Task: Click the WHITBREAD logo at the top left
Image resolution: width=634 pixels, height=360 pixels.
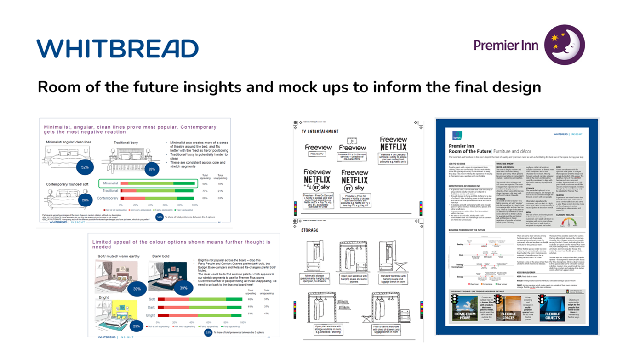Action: [x=117, y=49]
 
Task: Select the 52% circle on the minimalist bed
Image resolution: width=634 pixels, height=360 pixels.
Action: [x=85, y=167]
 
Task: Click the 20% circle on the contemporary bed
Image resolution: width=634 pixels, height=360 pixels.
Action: [x=85, y=200]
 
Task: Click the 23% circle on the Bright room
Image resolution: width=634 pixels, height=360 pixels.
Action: [x=136, y=326]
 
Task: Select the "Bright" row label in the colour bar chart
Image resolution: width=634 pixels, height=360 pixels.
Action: [x=150, y=315]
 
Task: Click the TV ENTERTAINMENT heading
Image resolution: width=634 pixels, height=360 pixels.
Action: [x=320, y=131]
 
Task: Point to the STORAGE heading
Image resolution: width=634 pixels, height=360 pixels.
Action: [x=310, y=230]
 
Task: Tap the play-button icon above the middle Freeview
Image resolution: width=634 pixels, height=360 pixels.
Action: [x=352, y=141]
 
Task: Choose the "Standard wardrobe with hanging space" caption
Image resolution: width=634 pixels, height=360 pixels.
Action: [x=393, y=278]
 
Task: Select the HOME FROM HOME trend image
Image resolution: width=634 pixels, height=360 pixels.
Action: [x=465, y=309]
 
